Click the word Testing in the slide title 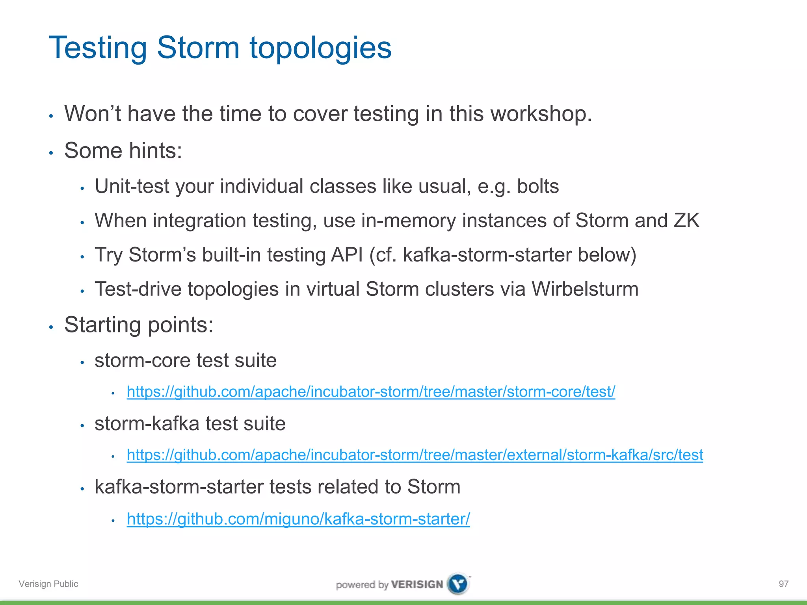pyautogui.click(x=98, y=48)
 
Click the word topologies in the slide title pyautogui.click(x=320, y=48)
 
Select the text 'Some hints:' pyautogui.click(x=123, y=150)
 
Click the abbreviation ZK pyautogui.click(x=686, y=221)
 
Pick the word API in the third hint pyautogui.click(x=347, y=255)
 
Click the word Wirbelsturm pyautogui.click(x=585, y=289)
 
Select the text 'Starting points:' pyautogui.click(x=139, y=325)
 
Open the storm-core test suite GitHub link pyautogui.click(x=370, y=392)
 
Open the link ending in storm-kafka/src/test pyautogui.click(x=415, y=455)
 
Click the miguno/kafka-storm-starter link pyautogui.click(x=298, y=519)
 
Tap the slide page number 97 pyautogui.click(x=783, y=584)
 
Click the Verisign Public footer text pyautogui.click(x=48, y=584)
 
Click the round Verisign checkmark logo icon pyautogui.click(x=458, y=584)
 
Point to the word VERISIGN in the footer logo pyautogui.click(x=417, y=585)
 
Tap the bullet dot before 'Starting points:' pyautogui.click(x=51, y=327)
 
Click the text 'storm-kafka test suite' pyautogui.click(x=190, y=424)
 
